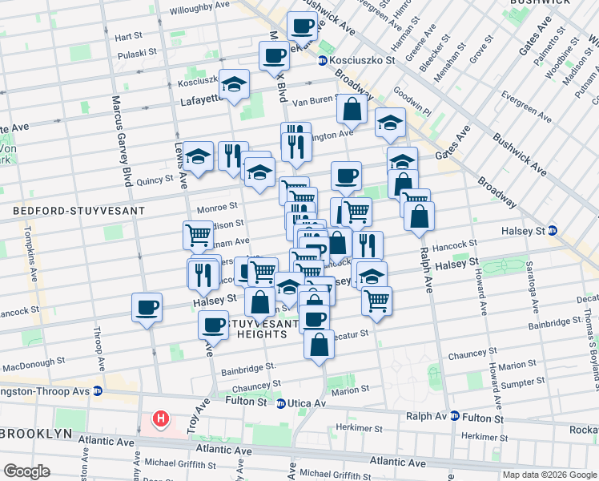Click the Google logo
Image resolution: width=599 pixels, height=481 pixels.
(x=26, y=471)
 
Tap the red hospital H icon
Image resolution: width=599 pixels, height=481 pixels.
(x=162, y=418)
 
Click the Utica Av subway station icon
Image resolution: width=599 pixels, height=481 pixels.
(x=280, y=403)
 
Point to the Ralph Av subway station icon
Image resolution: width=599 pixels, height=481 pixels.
(x=454, y=416)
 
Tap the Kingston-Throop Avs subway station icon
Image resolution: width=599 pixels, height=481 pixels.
(x=97, y=390)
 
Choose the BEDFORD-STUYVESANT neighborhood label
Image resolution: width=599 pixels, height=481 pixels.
(x=78, y=211)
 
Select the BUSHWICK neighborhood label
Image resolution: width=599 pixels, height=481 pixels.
(x=537, y=3)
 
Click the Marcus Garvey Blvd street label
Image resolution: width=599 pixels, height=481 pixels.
(x=122, y=141)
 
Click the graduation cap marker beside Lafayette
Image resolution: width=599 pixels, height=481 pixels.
(x=235, y=83)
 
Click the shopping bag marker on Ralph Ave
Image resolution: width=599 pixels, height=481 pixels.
(x=420, y=216)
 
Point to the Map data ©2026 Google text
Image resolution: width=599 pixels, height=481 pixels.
(x=549, y=475)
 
